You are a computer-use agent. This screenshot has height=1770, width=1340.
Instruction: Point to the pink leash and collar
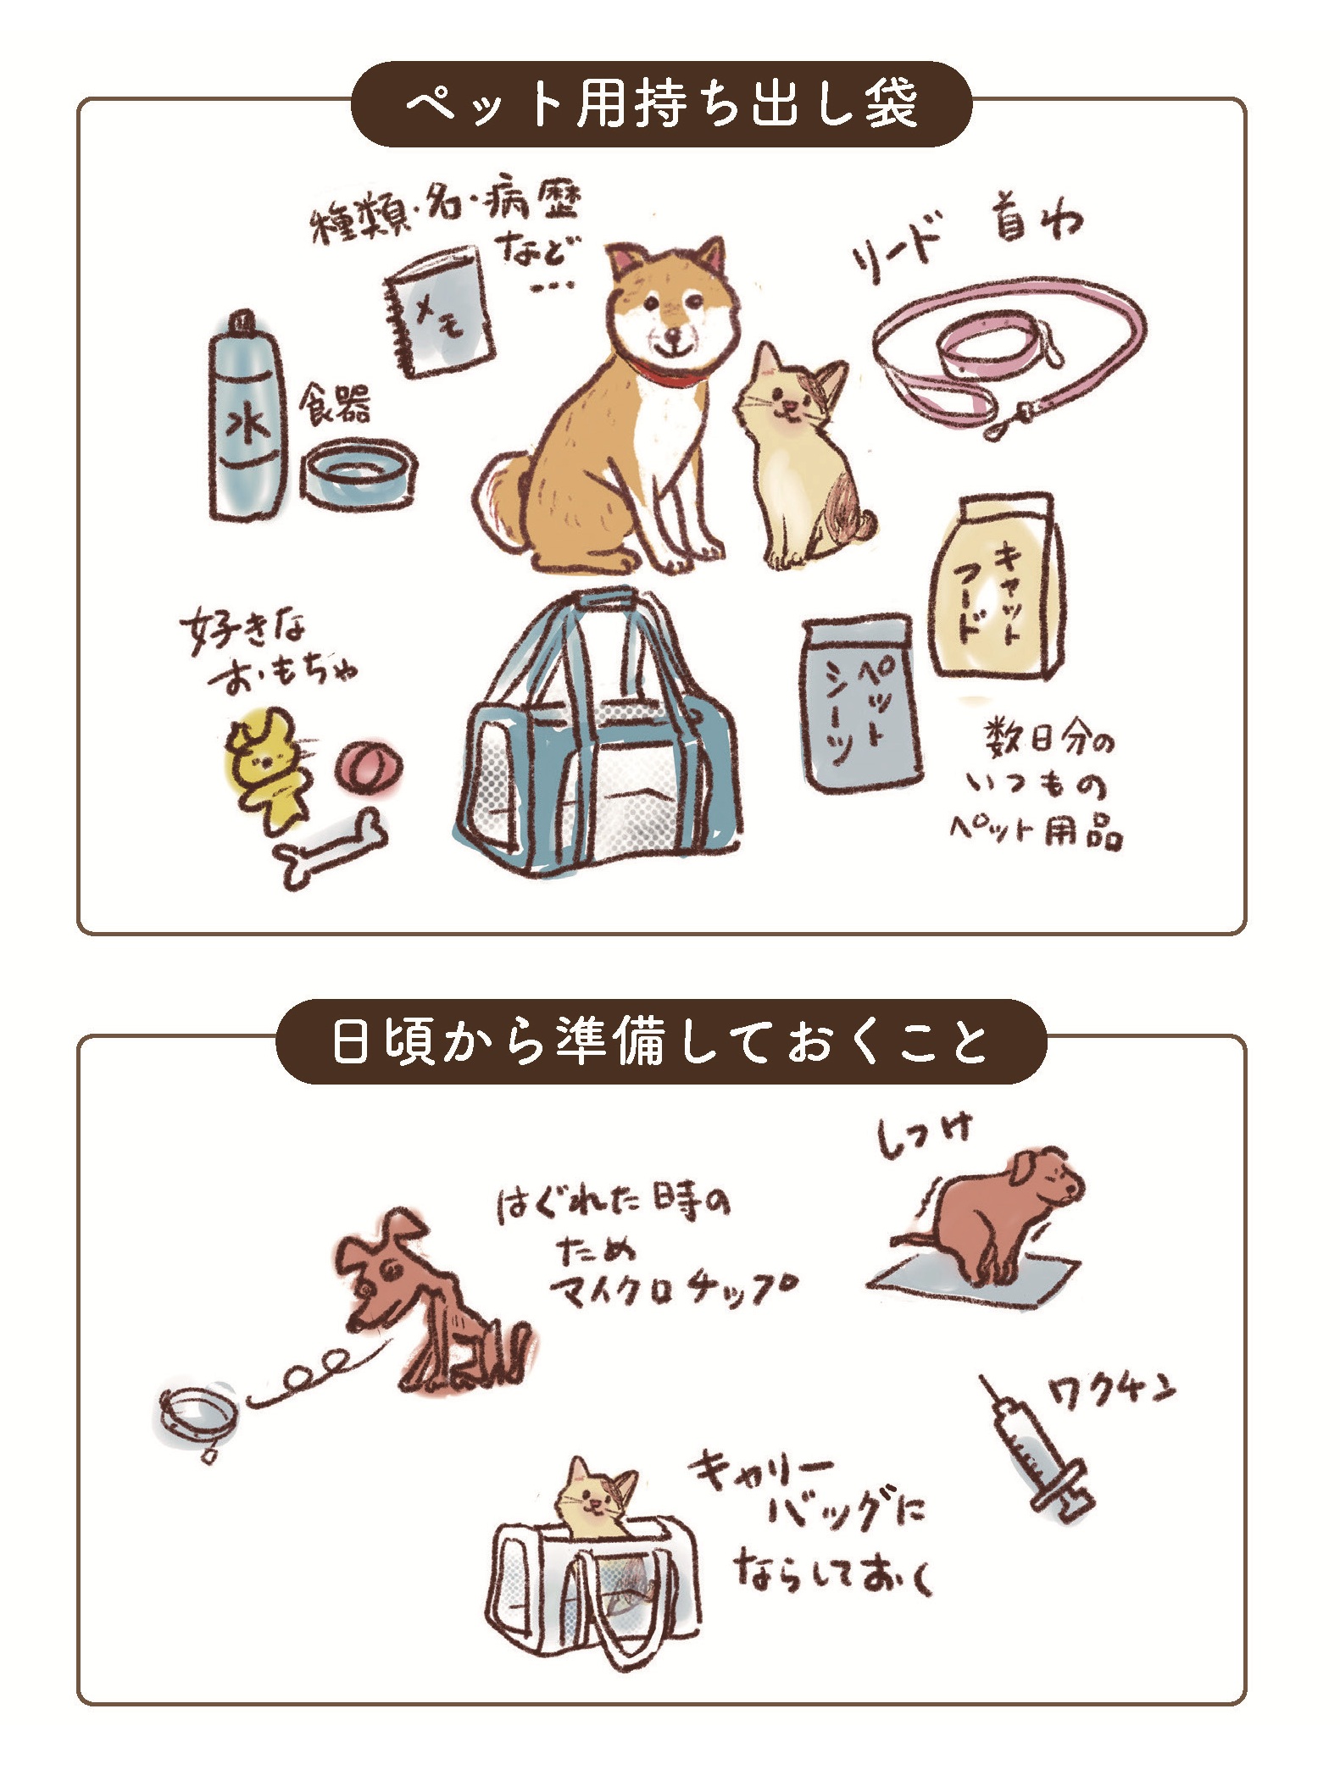[1009, 356]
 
